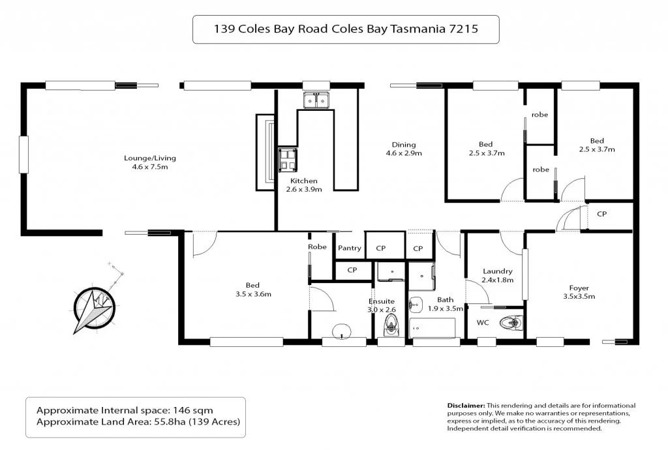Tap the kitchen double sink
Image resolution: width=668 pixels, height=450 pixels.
point(317,100)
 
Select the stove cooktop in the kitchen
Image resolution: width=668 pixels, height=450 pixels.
point(288,158)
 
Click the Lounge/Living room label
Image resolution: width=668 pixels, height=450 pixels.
point(150,162)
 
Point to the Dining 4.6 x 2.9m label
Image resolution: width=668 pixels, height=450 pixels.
point(404,149)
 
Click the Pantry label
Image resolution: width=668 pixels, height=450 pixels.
point(350,248)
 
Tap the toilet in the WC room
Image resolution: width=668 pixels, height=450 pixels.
point(509,322)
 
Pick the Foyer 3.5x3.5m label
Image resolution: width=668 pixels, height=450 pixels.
point(579,291)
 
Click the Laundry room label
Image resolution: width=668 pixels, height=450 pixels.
point(498,275)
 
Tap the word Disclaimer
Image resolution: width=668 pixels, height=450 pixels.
point(466,406)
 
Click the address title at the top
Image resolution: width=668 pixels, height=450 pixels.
point(346,29)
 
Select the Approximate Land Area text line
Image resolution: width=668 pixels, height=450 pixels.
point(138,422)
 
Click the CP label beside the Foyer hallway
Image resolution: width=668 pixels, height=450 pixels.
point(602,213)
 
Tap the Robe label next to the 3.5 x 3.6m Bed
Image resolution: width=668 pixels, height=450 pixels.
point(317,247)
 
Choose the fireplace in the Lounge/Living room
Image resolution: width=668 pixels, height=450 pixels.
point(266,152)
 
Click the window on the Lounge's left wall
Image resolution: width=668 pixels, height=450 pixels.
point(24,155)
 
